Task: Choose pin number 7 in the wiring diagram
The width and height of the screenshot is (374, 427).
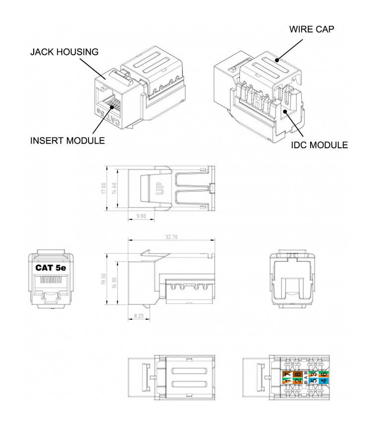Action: tap(287, 374)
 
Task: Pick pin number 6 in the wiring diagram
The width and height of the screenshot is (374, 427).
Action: tap(323, 374)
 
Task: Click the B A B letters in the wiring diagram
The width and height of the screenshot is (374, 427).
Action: tap(305, 378)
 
